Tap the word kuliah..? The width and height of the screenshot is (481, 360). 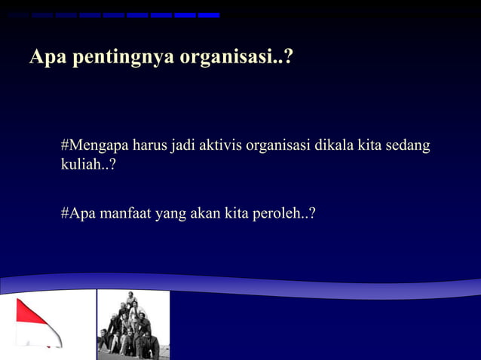pos(88,164)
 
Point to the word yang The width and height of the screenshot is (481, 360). pos(170,215)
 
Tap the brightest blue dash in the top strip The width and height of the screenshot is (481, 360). pos(209,15)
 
